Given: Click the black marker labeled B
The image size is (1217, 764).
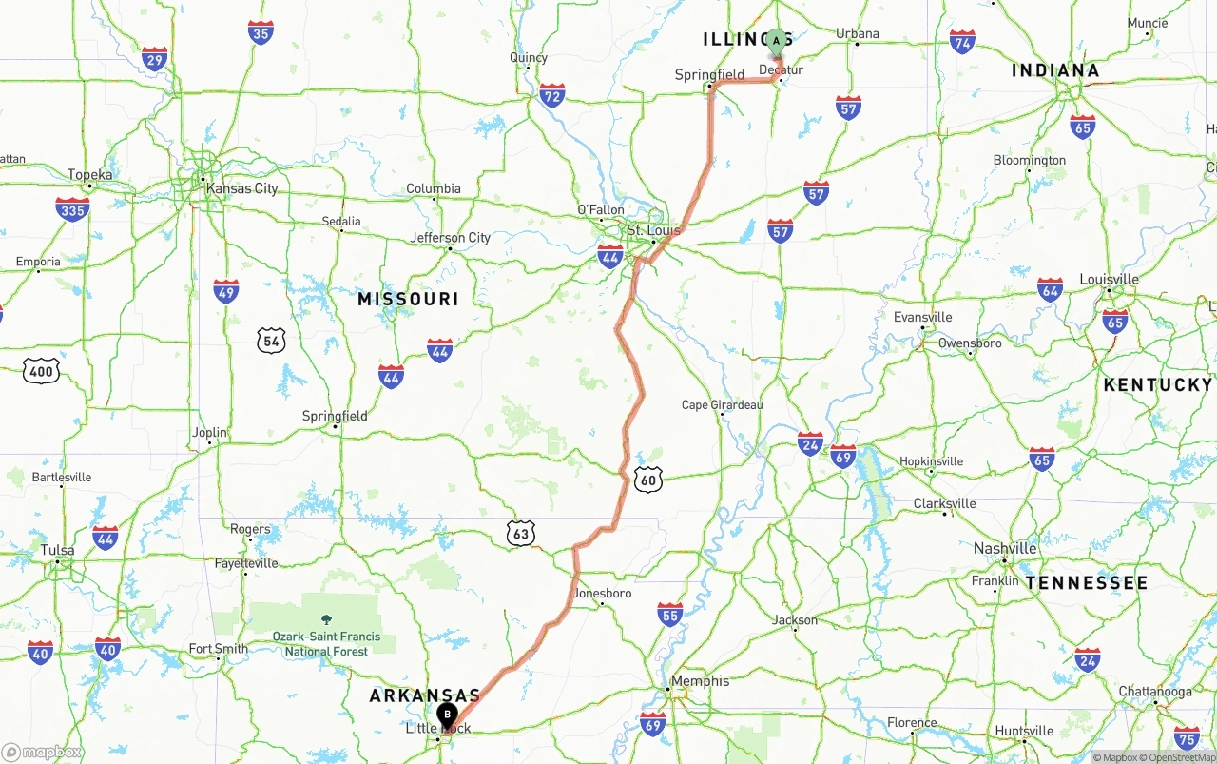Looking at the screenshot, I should click(x=447, y=715).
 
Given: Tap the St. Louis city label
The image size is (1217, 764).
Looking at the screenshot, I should click(x=654, y=230).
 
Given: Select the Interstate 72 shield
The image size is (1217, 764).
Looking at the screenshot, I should click(x=551, y=94).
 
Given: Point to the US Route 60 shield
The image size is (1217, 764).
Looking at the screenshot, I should click(x=648, y=480).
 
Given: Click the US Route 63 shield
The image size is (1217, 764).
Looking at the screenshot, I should click(x=520, y=533).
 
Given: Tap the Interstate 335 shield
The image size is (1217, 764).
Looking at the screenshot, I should click(x=72, y=209).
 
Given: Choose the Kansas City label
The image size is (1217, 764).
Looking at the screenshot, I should click(x=242, y=188).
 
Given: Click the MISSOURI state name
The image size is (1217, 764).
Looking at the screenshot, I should click(x=408, y=299).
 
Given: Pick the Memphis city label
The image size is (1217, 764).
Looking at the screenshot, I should click(x=700, y=681).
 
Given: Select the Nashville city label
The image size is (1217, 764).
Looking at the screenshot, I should click(x=1005, y=548).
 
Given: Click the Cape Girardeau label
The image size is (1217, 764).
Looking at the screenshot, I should click(x=723, y=405).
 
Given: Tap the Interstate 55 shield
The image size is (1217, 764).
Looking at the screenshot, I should click(x=670, y=615).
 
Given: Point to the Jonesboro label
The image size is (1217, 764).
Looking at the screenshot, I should click(x=603, y=594).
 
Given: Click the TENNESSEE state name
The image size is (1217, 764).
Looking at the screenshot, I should click(x=1087, y=582).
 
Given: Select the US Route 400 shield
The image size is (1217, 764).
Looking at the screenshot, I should click(x=40, y=371).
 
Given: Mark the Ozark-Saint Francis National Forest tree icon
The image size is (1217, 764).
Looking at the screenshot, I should click(x=327, y=619).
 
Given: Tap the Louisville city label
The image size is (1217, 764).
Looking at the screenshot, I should click(x=1109, y=280).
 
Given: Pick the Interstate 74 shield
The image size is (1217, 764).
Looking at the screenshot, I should click(x=962, y=42).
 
